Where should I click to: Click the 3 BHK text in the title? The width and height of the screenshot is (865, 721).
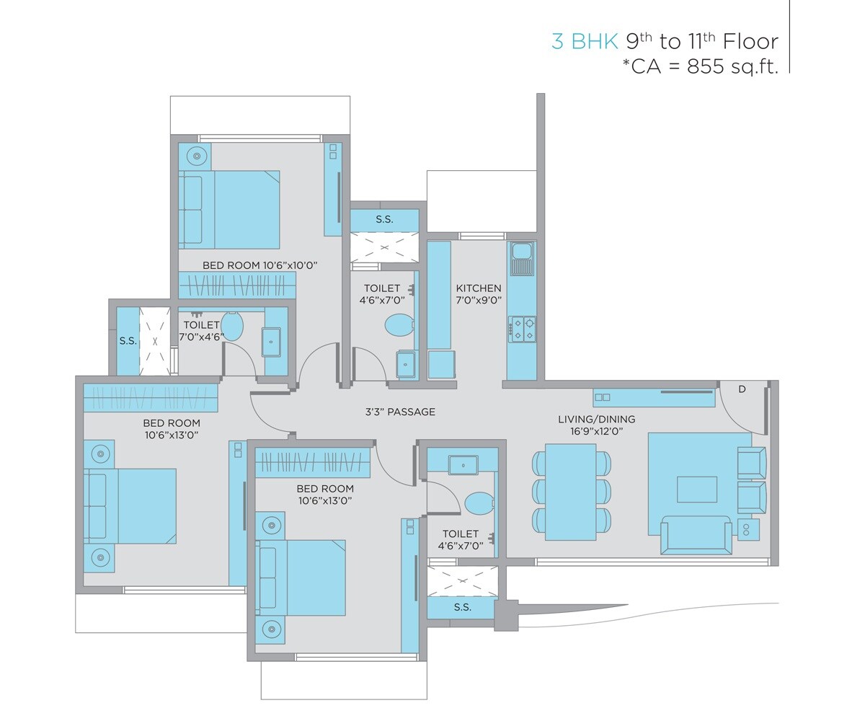585,41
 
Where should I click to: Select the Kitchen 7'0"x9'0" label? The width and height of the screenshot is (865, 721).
479,294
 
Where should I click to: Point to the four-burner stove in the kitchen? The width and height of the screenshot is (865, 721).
522,328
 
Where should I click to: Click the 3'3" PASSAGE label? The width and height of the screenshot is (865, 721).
400,412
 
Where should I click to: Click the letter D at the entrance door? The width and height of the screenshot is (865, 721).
742,389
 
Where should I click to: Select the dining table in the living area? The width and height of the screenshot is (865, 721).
571,492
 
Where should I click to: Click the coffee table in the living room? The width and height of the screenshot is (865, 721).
696,489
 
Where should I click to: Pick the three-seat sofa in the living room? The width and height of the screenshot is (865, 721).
696,536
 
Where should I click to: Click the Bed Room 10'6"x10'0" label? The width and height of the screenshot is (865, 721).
259,265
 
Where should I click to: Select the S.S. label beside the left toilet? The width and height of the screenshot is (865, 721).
128,341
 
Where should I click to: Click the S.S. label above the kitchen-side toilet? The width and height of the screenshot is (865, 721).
384,219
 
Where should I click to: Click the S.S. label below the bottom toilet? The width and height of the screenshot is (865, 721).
463,607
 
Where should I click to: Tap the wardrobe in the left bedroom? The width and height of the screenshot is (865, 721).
150,398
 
